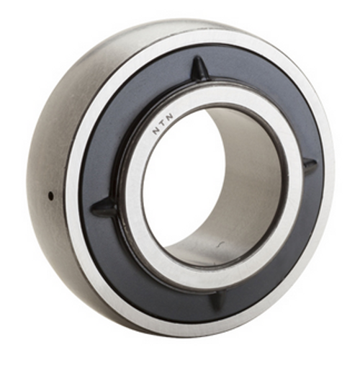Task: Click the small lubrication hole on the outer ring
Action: coord(50,195)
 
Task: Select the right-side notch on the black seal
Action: coord(309,167)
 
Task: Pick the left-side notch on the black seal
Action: coord(105,209)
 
